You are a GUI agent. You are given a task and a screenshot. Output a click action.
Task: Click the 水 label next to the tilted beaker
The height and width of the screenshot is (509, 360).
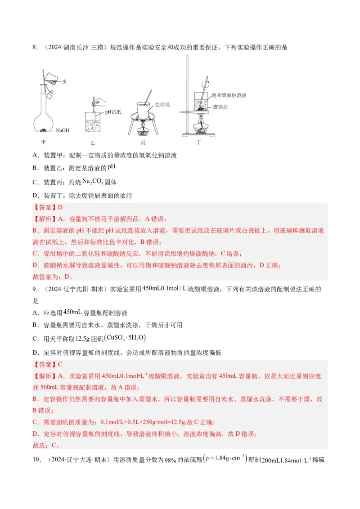click(x=64, y=81)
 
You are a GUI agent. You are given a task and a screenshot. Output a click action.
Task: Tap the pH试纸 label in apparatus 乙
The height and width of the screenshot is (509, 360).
click(x=113, y=111)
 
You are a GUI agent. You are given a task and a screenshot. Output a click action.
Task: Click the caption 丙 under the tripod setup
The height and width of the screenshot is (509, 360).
click(x=144, y=143)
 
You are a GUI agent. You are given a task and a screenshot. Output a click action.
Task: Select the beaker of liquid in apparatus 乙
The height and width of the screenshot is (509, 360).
click(x=93, y=124)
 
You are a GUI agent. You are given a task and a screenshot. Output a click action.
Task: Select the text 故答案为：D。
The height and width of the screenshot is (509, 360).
click(x=53, y=277)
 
